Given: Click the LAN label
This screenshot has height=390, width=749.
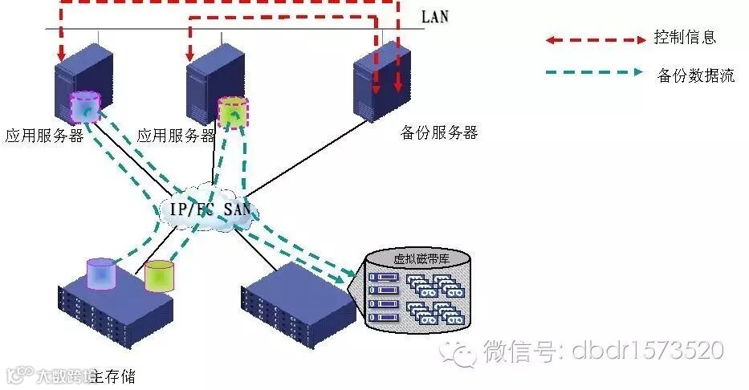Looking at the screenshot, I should [436, 17].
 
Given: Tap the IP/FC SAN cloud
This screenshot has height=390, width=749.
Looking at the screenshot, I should [210, 209].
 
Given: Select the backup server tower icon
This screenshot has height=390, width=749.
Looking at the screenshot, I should [381, 81].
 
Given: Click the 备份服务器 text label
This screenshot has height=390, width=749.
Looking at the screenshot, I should [438, 133].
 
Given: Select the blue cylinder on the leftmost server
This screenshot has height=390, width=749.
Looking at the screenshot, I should [84, 108].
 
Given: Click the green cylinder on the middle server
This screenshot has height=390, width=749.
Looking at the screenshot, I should [234, 113].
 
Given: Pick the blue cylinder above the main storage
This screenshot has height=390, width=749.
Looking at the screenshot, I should [102, 273].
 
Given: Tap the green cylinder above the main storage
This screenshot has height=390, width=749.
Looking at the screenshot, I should [159, 275].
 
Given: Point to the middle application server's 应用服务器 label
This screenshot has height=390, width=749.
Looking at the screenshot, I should [177, 136].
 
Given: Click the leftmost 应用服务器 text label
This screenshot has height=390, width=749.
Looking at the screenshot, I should [45, 136].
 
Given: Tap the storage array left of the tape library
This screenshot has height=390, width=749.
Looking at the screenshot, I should [299, 308].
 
